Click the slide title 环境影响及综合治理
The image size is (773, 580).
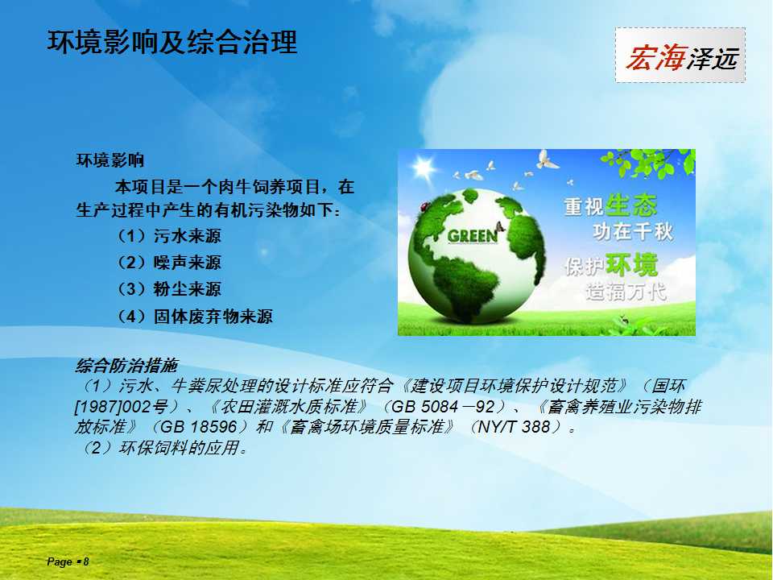click(x=172, y=42)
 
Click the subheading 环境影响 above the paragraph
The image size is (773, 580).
click(x=110, y=160)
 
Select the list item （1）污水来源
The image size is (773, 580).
click(x=168, y=236)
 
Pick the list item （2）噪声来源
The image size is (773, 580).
click(x=168, y=263)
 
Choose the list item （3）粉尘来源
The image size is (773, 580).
click(x=168, y=289)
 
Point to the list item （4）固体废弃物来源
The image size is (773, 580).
click(x=194, y=316)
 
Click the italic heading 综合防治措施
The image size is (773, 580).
click(x=126, y=366)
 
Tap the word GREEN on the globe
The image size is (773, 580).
click(x=473, y=236)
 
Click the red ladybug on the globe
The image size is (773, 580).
click(x=423, y=207)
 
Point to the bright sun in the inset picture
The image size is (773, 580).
click(x=423, y=168)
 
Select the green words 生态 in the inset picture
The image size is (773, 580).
click(x=631, y=205)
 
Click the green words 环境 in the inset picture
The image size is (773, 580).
click(x=631, y=265)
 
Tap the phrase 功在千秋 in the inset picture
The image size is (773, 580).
click(x=633, y=232)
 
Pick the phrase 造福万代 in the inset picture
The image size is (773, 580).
click(x=626, y=292)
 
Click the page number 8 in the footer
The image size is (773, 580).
click(x=86, y=561)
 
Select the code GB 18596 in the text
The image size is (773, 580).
click(x=199, y=427)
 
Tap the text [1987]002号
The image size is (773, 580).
click(x=122, y=406)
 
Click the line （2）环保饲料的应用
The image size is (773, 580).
click(x=162, y=448)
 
